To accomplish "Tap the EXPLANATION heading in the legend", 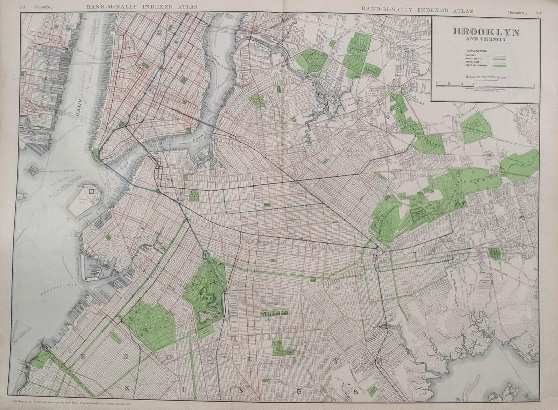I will [475, 51].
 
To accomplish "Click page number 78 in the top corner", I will [23, 6].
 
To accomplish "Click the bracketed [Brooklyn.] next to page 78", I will [41, 7].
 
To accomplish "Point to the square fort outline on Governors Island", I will [91, 192].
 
